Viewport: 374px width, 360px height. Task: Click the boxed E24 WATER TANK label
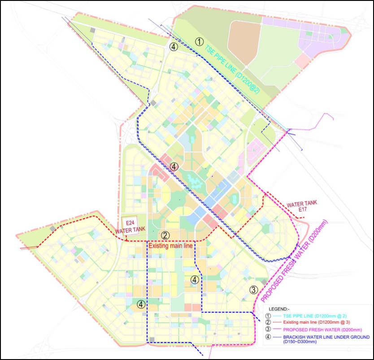(x=130, y=226)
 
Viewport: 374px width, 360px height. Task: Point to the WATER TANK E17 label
(x=302, y=206)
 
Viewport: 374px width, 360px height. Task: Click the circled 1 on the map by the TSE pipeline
(x=200, y=42)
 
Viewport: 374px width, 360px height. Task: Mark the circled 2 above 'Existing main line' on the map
(x=165, y=235)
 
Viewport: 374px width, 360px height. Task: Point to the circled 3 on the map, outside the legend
(x=253, y=289)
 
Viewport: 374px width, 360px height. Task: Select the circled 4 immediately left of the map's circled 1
(x=174, y=46)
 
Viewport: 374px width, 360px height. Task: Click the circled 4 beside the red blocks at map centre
(x=174, y=167)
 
